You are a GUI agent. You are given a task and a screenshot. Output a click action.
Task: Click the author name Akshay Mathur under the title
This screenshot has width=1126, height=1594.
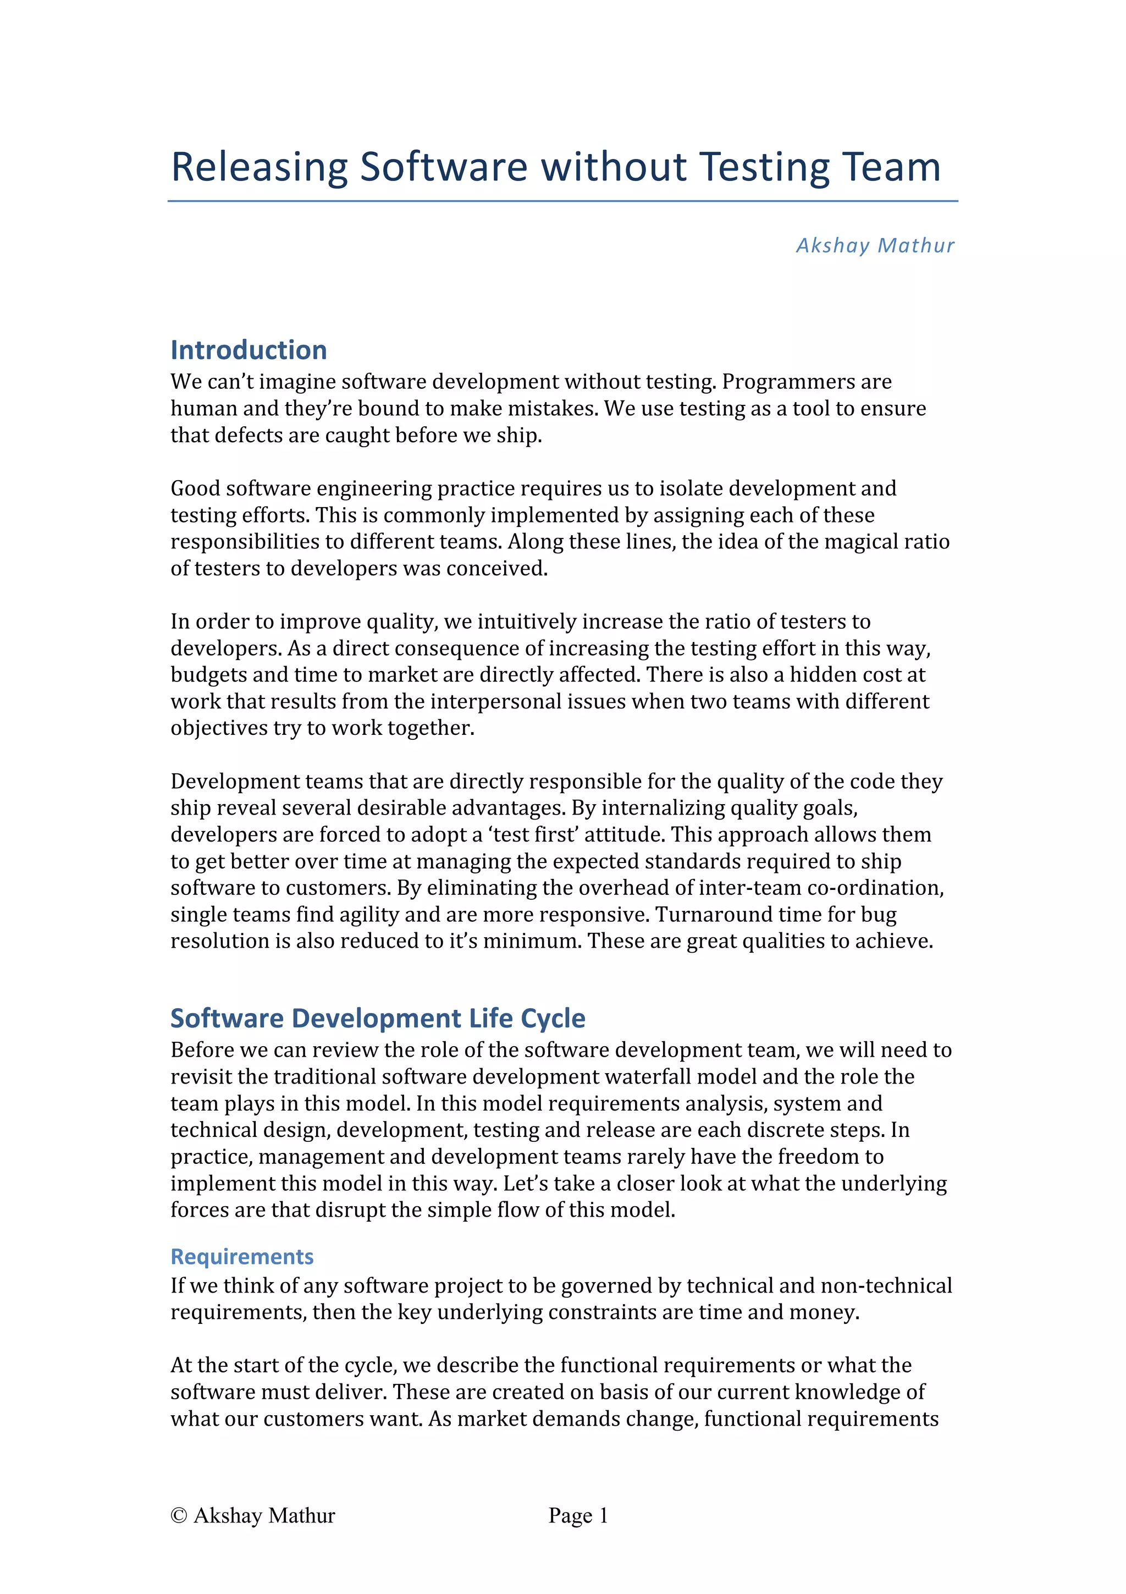tap(875, 245)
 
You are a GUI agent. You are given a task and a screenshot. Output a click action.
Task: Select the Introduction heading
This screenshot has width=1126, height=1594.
tap(249, 350)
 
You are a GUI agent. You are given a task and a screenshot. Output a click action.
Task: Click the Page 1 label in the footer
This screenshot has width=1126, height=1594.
tap(578, 1515)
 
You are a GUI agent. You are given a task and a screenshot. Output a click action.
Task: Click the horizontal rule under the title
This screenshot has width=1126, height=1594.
tap(562, 201)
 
